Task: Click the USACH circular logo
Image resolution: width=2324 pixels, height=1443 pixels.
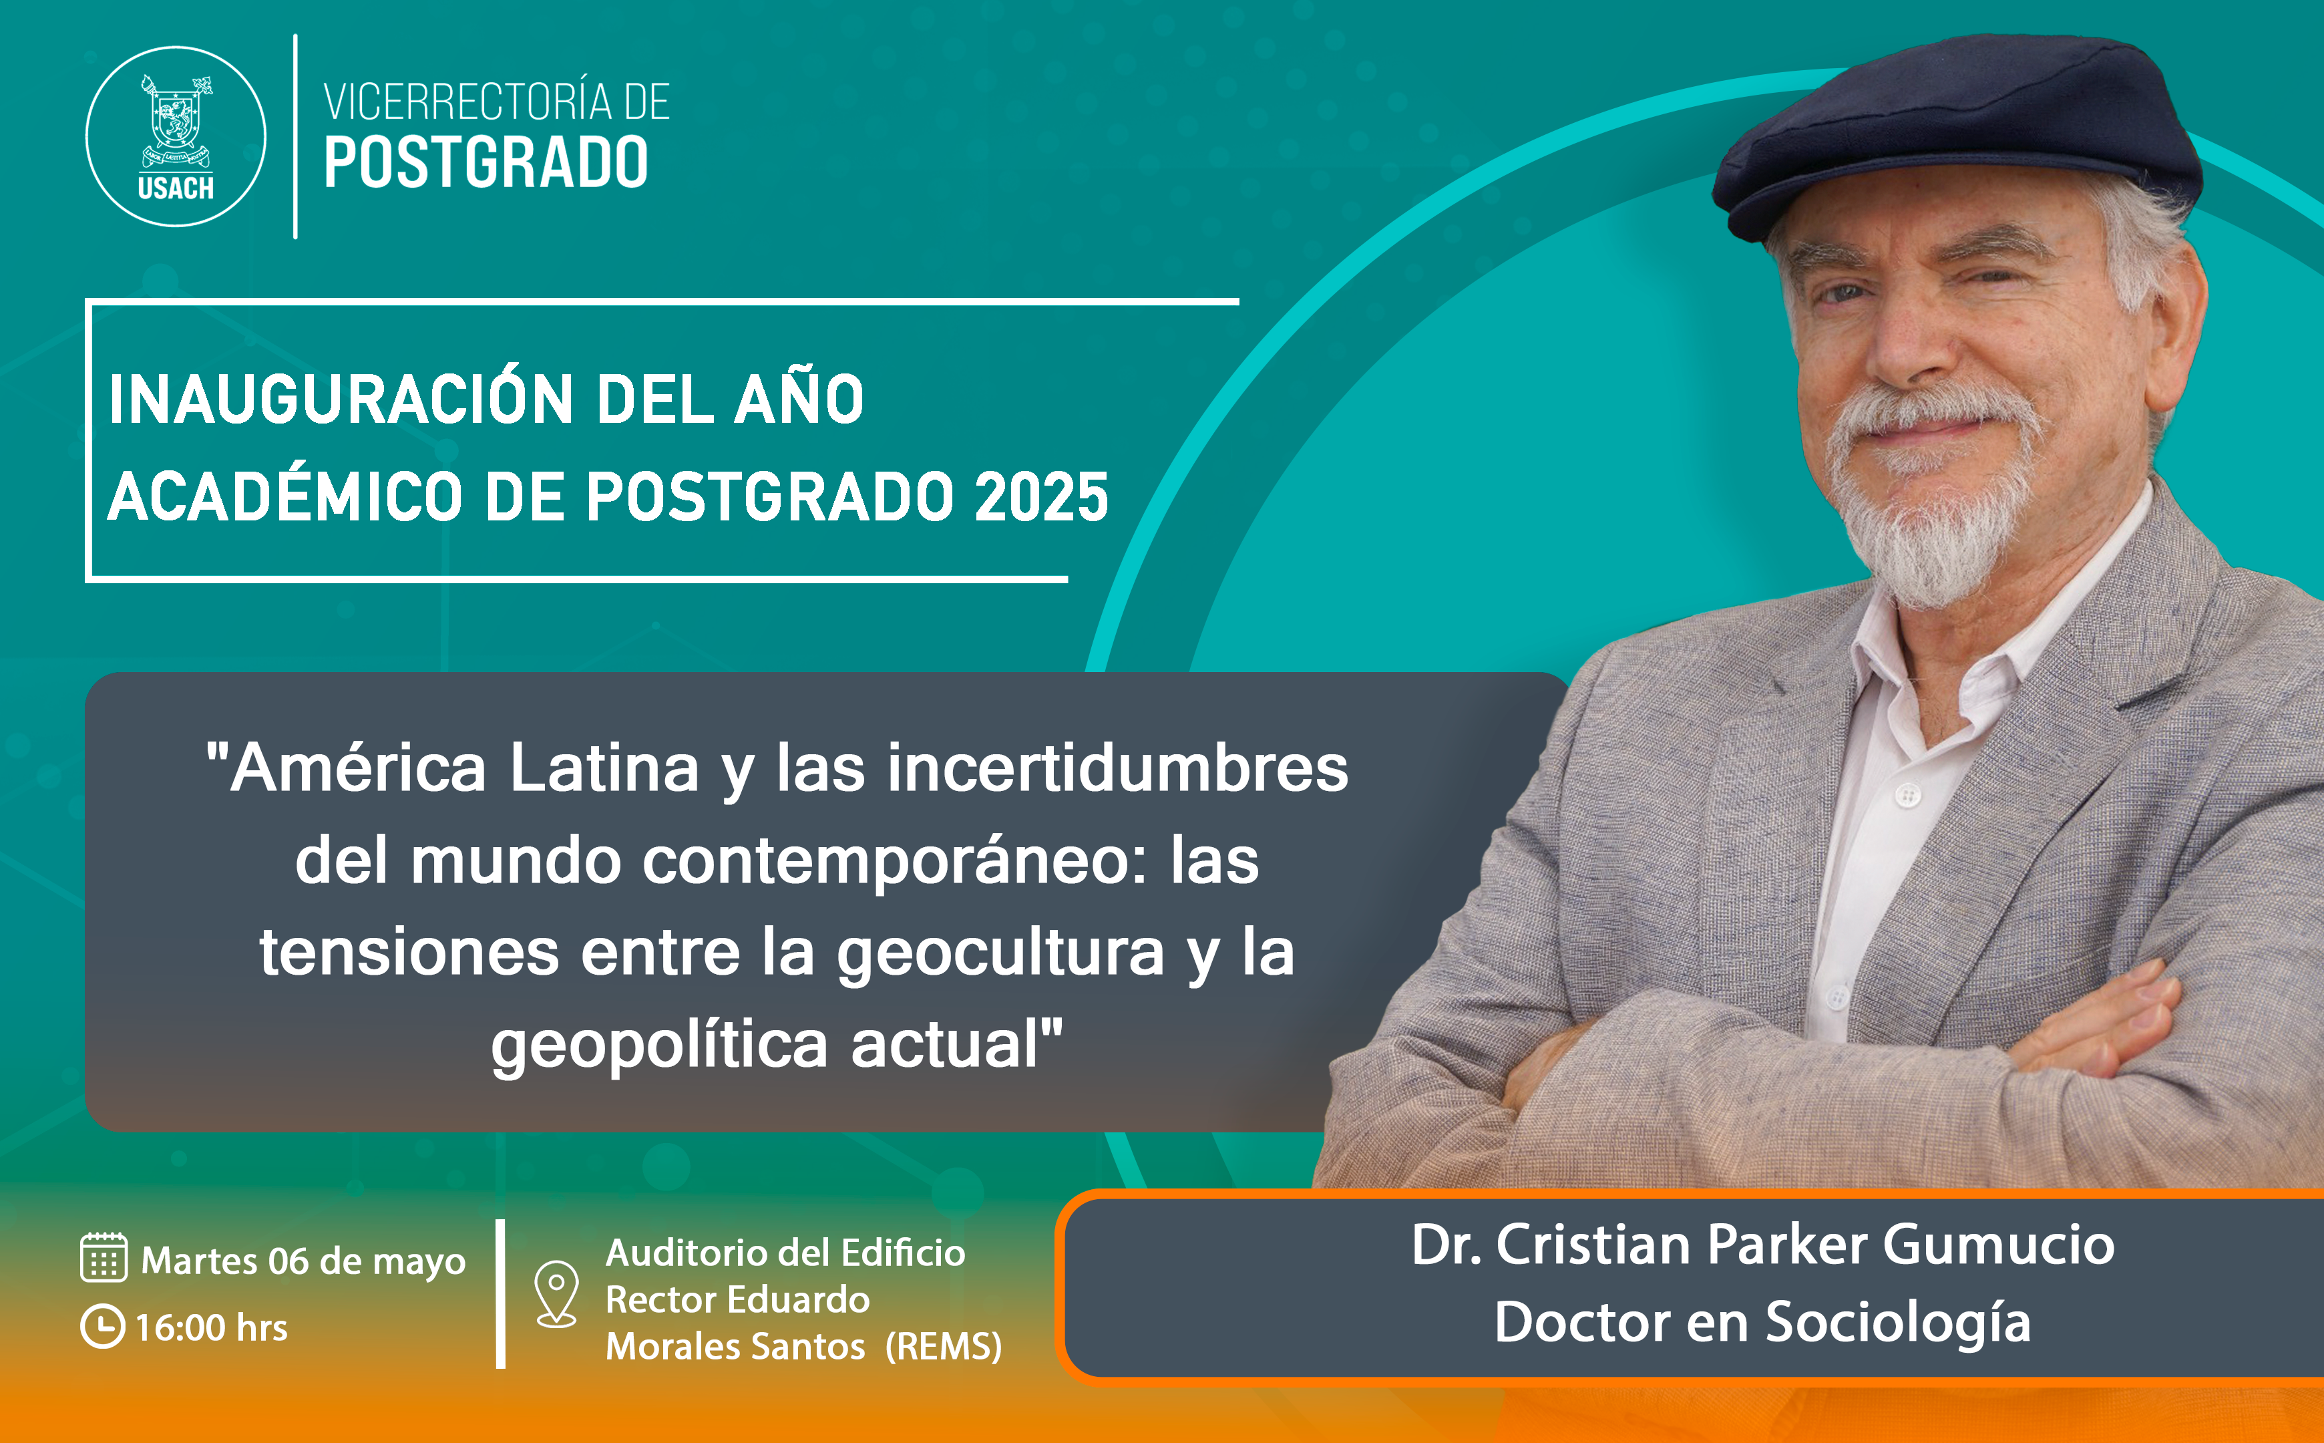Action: tap(176, 136)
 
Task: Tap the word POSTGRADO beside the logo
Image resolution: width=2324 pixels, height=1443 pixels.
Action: tap(486, 162)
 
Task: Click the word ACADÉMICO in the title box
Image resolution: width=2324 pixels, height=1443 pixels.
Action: tap(284, 497)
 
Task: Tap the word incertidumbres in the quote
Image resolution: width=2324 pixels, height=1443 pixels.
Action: tap(1117, 769)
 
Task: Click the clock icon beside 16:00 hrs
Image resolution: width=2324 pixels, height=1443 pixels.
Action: tap(102, 1327)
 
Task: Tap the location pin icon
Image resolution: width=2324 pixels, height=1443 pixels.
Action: tap(556, 1293)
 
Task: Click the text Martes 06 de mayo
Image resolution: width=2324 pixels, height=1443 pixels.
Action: tap(303, 1261)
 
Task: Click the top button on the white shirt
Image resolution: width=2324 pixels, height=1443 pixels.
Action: tap(1907, 794)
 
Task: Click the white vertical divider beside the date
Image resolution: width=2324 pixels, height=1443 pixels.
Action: tap(501, 1293)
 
